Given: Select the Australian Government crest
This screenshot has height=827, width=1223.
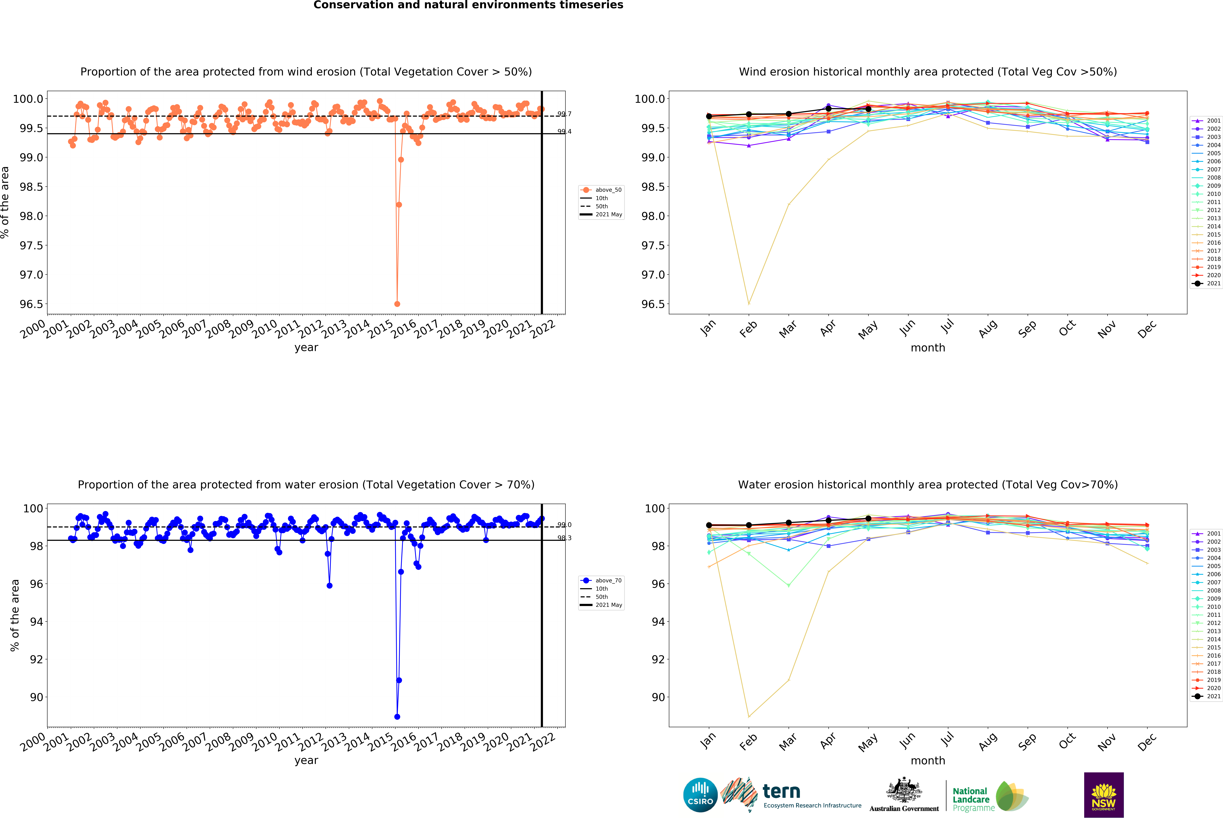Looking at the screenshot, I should click(904, 790).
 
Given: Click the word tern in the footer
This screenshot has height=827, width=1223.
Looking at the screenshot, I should click(781, 791).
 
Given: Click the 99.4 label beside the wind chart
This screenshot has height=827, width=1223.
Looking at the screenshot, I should click(564, 132).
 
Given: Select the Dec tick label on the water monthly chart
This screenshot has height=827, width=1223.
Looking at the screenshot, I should click(1147, 741).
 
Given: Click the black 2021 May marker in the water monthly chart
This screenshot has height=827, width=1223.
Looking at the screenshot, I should click(868, 519).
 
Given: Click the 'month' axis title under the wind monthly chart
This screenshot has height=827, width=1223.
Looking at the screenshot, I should click(928, 348).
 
